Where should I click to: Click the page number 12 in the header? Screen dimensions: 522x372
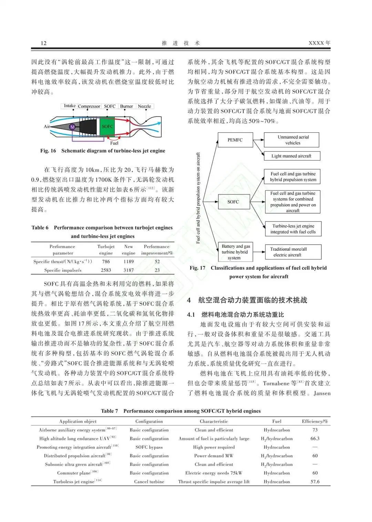click(43, 43)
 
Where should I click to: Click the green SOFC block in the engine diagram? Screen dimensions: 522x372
click(107, 126)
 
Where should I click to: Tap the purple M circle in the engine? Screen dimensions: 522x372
click(72, 127)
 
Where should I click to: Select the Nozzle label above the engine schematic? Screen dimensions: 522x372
click(144, 106)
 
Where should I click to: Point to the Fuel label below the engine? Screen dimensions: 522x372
click(114, 143)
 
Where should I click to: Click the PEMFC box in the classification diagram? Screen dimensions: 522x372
click(235, 140)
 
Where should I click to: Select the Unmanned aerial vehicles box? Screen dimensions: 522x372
click(293, 140)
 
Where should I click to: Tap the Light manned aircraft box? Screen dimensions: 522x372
click(291, 156)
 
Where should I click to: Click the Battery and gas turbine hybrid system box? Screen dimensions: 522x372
click(236, 252)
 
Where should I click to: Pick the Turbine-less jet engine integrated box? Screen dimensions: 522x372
click(293, 229)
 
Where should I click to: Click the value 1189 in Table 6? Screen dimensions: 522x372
click(128, 262)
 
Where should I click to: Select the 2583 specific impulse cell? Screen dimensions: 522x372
click(106, 270)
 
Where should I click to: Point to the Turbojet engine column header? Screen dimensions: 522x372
click(106, 250)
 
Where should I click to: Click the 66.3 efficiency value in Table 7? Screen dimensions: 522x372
click(315, 439)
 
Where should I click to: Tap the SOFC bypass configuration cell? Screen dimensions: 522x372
click(149, 447)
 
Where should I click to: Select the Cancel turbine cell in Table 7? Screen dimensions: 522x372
click(149, 482)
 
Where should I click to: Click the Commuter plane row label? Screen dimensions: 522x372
click(74, 473)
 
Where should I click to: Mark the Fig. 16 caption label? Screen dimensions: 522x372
click(48, 151)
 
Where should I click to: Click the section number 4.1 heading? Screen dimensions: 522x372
click(191, 315)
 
